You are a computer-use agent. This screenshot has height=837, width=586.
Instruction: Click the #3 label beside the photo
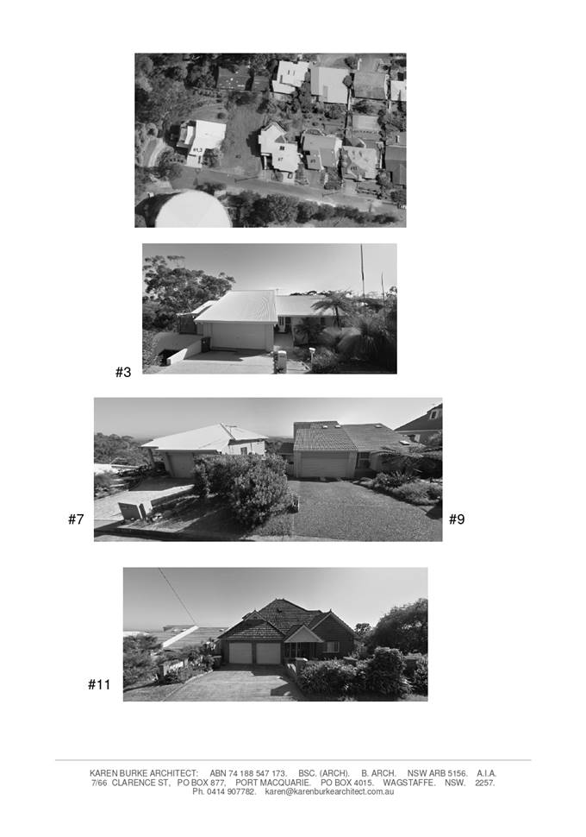coord(123,372)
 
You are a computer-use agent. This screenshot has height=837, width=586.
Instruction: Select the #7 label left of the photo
coord(76,519)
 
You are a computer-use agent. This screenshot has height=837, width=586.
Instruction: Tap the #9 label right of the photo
coord(457,519)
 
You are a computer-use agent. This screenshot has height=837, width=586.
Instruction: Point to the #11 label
coord(98,684)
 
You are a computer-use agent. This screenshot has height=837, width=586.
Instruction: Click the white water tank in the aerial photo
coord(193,211)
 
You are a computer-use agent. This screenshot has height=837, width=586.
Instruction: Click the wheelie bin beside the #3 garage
coord(205,344)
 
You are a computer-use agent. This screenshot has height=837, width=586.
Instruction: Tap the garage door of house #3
coord(239,337)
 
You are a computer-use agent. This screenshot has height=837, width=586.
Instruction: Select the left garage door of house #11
coord(240,653)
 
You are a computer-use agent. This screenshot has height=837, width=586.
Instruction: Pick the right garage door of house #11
coord(268,653)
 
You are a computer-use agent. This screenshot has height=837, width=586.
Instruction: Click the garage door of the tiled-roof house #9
coord(324,465)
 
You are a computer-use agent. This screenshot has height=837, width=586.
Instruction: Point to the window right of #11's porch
coord(332,647)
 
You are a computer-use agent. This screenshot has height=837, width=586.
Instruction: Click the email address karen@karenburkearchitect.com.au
coord(329,791)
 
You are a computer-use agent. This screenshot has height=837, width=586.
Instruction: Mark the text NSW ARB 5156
coord(437,773)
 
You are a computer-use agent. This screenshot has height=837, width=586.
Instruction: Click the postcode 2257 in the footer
coord(484,783)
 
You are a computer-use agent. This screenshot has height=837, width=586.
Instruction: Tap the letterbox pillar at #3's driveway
coord(280,362)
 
